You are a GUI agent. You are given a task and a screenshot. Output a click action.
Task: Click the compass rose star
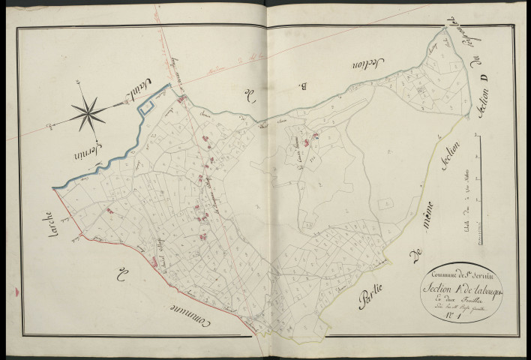click(x=89, y=111)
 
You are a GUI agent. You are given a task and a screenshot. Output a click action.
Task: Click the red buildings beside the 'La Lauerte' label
click(x=316, y=136)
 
